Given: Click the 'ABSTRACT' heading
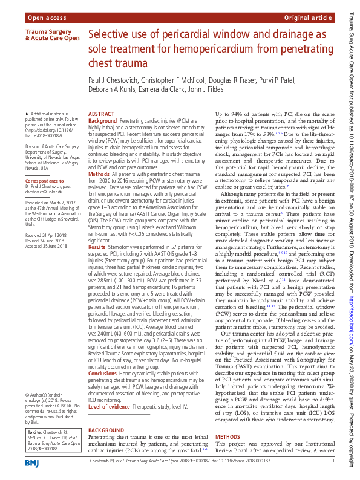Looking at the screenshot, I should click(102, 114).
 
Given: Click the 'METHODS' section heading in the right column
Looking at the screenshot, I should click(227, 436).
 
